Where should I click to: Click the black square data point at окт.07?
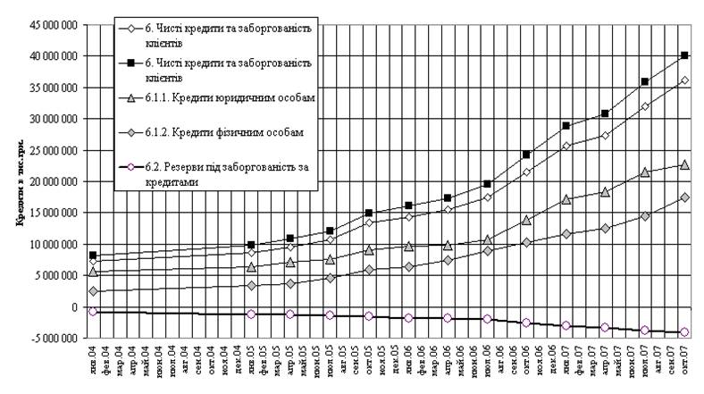tap(684, 55)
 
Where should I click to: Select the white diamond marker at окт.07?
tap(684, 80)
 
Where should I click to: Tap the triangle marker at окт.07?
tap(684, 164)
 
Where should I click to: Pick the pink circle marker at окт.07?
tap(684, 332)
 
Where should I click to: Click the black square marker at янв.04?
tap(93, 256)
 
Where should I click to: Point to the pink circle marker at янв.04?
tap(93, 311)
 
